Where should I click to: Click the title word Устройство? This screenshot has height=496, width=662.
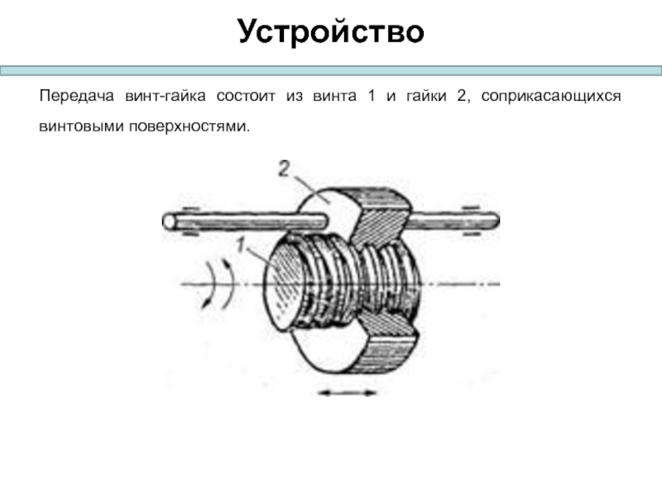330,31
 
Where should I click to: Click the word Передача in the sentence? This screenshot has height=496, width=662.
74,98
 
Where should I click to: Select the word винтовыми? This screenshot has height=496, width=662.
78,127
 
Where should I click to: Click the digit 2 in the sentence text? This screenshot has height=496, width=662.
460,98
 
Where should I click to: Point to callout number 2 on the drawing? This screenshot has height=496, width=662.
284,170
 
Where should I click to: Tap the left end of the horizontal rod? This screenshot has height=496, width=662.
170,222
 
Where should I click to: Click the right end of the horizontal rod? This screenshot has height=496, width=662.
493,218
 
